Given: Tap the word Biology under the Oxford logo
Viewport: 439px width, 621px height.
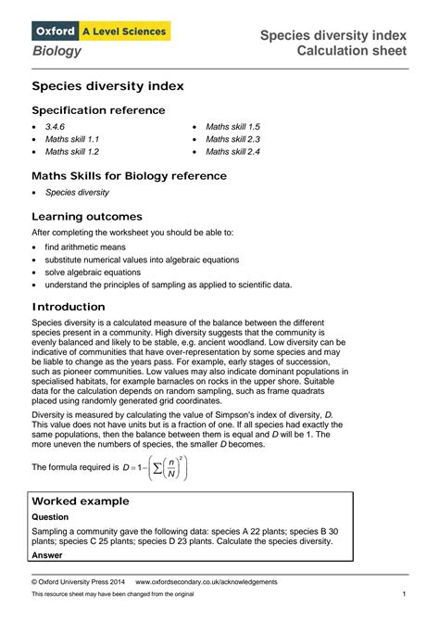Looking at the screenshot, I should pyautogui.click(x=56, y=51).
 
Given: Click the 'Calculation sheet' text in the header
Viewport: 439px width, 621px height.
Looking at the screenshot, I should pyautogui.click(x=350, y=51).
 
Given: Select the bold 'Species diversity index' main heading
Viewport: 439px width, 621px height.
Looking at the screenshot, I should pyautogui.click(x=108, y=86).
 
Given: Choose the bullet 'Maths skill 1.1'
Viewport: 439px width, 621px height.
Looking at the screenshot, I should pyautogui.click(x=72, y=138).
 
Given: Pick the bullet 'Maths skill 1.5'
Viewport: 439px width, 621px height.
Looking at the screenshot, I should pyautogui.click(x=232, y=125).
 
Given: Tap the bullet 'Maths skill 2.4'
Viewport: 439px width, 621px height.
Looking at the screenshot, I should pyautogui.click(x=232, y=151).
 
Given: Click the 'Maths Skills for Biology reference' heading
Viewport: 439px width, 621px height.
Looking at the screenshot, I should pyautogui.click(x=129, y=175).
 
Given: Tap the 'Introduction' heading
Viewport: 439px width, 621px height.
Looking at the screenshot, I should pyautogui.click(x=69, y=307).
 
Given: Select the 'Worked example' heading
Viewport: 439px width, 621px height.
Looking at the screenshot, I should pyautogui.click(x=81, y=501).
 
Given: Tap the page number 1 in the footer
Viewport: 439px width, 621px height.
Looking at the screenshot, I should pyautogui.click(x=405, y=593).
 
